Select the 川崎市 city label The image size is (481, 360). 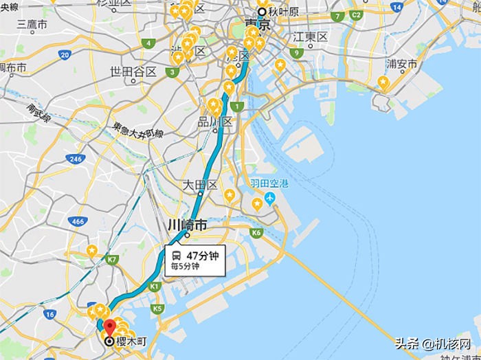[x=187, y=225]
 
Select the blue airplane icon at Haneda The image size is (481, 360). [x=269, y=198]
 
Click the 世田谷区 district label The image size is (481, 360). [x=133, y=72]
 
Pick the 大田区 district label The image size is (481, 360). [x=200, y=185]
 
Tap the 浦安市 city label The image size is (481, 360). [x=401, y=65]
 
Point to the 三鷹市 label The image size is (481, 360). [x=32, y=25]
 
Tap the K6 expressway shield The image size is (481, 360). [x=256, y=234]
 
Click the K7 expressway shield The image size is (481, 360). [x=112, y=259]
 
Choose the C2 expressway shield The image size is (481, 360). [x=356, y=15]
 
